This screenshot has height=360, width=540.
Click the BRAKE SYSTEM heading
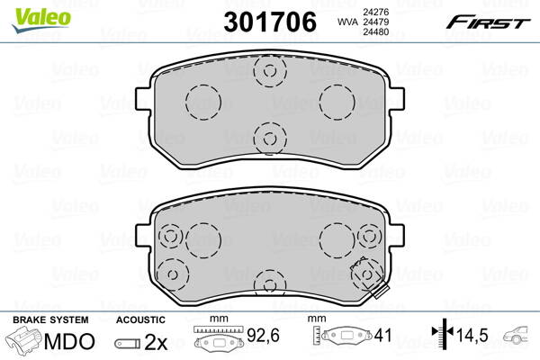[x=49, y=319]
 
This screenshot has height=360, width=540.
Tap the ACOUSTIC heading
[x=141, y=319]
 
